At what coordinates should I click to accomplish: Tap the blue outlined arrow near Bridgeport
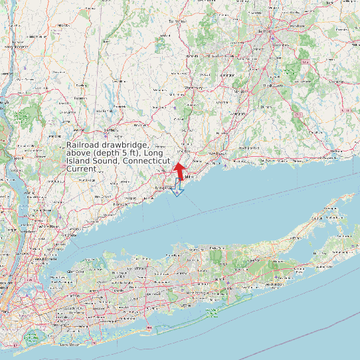177,191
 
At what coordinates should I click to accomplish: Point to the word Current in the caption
81,169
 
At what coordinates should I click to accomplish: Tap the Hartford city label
265,31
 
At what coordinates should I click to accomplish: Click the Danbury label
111,130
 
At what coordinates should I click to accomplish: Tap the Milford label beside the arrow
189,177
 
